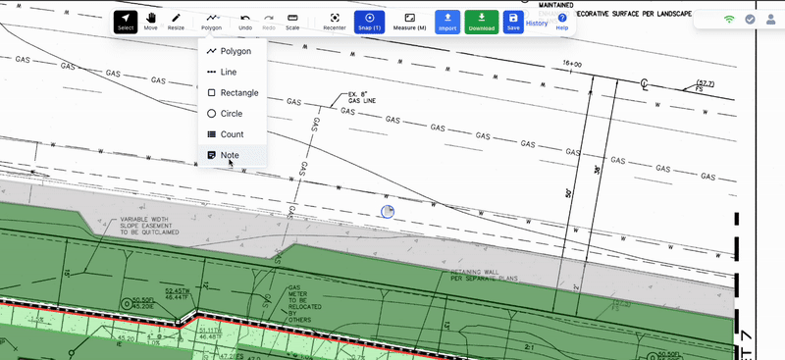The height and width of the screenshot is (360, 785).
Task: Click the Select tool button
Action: [126, 21]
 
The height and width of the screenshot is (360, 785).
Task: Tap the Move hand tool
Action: [150, 21]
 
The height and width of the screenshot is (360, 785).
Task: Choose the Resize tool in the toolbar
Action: [176, 21]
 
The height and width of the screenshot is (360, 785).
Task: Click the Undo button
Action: [244, 21]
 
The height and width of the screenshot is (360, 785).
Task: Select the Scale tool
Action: [292, 21]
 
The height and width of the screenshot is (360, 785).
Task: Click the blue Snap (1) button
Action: [368, 21]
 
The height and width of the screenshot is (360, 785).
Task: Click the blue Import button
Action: [447, 21]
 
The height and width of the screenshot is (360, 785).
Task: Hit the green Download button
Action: [482, 21]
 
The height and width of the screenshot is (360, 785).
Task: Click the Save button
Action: [513, 21]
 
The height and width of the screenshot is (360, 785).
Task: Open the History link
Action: [537, 23]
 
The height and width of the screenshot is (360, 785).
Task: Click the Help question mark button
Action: [562, 21]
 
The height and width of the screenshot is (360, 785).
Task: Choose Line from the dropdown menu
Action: [229, 72]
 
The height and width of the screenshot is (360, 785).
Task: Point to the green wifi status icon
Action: [729, 19]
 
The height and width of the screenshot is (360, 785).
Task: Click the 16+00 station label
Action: [573, 64]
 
